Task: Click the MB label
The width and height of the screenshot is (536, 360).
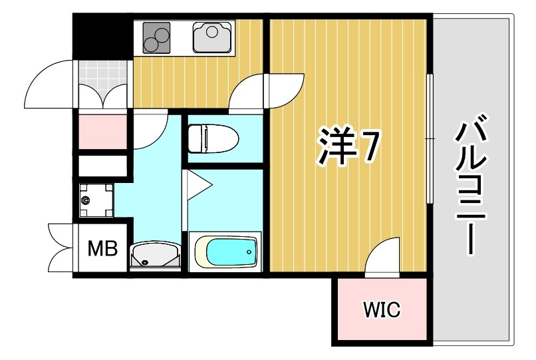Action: (x=103, y=249)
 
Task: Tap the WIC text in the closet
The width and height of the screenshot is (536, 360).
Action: (x=382, y=309)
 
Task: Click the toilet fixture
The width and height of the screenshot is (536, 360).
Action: (x=212, y=138)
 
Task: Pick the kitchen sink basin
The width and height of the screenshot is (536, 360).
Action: (x=213, y=37)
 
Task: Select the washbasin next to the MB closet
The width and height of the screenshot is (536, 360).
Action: (x=154, y=255)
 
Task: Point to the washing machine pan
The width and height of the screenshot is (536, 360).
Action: (x=96, y=200)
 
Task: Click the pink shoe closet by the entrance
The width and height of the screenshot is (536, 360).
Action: (x=102, y=132)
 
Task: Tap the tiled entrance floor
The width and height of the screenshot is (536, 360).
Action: (x=102, y=83)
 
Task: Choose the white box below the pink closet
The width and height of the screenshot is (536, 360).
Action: (x=102, y=165)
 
